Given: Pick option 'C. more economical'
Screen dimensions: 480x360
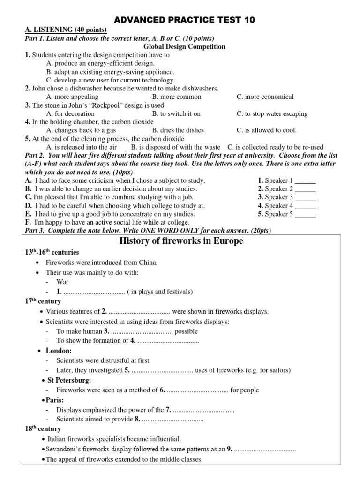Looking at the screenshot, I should (265, 97).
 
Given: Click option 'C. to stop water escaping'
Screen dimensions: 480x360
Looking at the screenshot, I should (272, 113).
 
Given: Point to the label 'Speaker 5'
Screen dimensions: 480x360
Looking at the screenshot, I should (279, 214).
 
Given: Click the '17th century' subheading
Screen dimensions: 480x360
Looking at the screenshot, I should (43, 301).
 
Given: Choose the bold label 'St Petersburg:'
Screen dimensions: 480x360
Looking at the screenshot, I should (70, 380).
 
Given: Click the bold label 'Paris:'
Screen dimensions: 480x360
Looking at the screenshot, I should (55, 400).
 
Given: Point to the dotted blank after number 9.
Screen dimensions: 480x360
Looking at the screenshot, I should (265, 449).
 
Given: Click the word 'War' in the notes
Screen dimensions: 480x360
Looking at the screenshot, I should (62, 282).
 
